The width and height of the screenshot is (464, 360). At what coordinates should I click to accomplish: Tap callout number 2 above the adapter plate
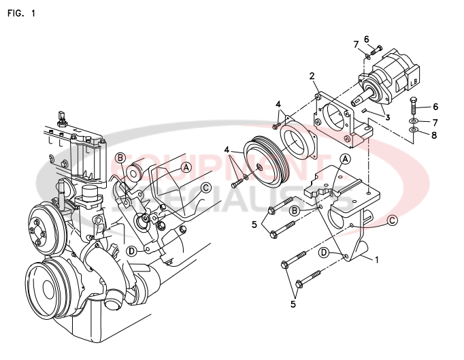(x=312, y=76)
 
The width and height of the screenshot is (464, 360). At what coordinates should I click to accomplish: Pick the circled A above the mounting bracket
(x=345, y=159)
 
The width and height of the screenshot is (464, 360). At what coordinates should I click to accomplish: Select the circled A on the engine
(x=186, y=166)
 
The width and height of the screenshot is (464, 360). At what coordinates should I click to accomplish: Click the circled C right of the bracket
(x=393, y=220)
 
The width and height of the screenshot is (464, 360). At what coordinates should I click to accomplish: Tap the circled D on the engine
(x=131, y=250)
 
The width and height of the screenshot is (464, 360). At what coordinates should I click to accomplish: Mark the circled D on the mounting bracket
(x=325, y=252)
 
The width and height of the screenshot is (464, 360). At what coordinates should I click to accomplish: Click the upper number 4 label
(x=278, y=104)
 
